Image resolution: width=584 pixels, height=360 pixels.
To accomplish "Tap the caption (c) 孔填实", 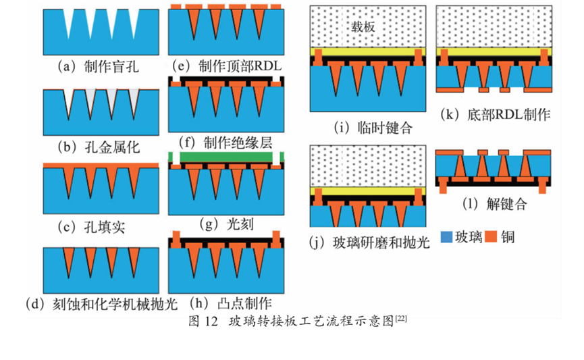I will tap(91, 227).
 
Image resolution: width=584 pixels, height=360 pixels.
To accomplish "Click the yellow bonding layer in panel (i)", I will tap(367, 51).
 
